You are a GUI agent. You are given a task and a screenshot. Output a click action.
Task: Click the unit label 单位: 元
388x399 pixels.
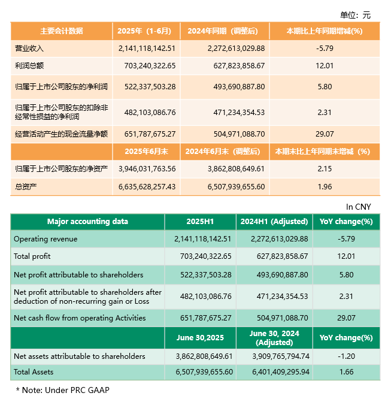pos(355,15)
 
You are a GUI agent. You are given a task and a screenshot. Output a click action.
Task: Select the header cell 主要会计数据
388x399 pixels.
pos(61,31)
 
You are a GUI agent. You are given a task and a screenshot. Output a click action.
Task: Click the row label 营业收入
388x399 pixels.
pos(29,48)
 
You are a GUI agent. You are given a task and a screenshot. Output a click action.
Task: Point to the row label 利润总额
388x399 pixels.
pos(29,65)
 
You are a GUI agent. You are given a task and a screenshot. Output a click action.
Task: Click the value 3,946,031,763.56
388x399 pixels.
pos(147,169)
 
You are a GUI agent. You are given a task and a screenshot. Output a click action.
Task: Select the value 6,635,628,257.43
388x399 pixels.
pos(147,187)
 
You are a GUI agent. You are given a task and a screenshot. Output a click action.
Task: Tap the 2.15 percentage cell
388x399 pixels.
pos(324,169)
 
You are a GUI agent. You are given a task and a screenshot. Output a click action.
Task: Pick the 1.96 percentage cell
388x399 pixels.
pos(324,187)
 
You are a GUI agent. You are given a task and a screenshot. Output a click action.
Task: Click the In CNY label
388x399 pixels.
pos(358,207)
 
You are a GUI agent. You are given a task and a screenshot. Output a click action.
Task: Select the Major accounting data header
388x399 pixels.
pos(87,222)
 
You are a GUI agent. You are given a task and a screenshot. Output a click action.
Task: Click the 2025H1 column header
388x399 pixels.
pos(200,222)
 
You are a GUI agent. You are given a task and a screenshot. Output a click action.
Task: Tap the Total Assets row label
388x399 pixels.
pos(35,372)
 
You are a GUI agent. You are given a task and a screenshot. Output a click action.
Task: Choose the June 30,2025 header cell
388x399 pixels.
pos(200,338)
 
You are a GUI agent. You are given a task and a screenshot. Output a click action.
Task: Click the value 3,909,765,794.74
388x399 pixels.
pos(274,356)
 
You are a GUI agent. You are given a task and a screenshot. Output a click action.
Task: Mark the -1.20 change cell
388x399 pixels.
pos(345,356)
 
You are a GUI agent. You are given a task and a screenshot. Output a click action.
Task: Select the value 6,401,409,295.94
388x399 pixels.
pos(274,372)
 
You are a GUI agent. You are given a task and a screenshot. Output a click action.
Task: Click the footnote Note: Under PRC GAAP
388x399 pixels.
pos(63,389)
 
